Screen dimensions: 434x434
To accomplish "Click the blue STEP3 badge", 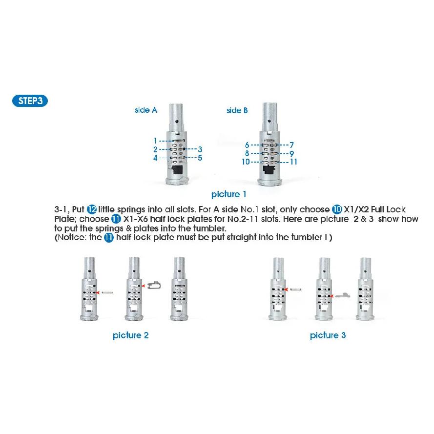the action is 30,101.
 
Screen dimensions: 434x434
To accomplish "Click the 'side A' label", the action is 146,110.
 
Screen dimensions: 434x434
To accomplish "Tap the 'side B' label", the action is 237,110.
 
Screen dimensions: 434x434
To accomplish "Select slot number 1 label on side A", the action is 155,141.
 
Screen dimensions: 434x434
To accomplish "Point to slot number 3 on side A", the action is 200,149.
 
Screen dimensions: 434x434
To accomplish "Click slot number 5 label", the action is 200,158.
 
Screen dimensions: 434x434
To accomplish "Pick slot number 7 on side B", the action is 291,145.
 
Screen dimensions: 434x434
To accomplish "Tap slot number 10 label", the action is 246,162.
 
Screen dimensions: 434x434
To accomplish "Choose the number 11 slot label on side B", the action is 293,162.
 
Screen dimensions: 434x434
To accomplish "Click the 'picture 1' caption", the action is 228,194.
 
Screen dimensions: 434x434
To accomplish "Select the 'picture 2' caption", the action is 131,335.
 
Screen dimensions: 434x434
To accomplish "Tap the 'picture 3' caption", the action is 328,335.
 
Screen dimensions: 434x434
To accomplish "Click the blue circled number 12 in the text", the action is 92,209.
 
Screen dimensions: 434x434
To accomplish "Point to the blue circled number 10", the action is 337,209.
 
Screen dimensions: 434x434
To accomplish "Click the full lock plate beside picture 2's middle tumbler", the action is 154,285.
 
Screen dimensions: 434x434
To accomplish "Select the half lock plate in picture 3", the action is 343,295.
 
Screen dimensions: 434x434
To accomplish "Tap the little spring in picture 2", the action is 107,292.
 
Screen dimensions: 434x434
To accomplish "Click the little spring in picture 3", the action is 296,289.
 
